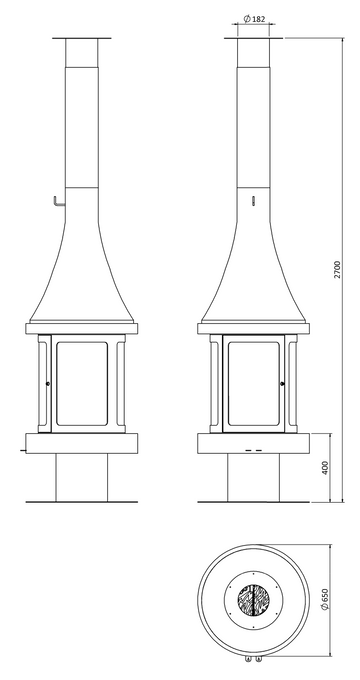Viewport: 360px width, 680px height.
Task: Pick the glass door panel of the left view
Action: click(85, 382)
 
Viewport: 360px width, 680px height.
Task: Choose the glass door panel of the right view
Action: click(254, 382)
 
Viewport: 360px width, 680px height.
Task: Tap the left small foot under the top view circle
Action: click(244, 659)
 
